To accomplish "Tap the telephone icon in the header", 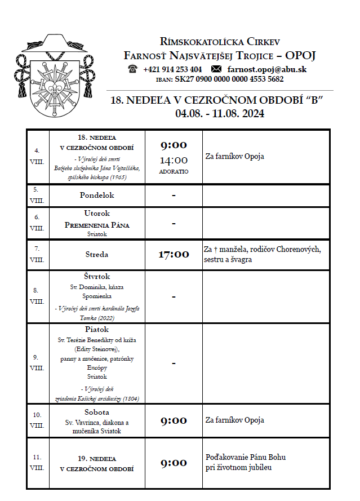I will click(133, 69).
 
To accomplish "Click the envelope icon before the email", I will click(216, 69).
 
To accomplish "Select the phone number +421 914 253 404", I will click(172, 69).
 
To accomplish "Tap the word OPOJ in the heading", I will click(300, 55).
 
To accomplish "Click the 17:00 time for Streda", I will click(173, 254).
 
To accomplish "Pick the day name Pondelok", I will click(97, 195).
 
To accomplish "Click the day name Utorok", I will click(97, 214).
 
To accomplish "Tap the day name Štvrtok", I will click(97, 277).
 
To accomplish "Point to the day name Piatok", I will click(97, 330).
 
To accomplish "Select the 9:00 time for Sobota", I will click(173, 420).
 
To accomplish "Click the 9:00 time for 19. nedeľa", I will click(173, 463).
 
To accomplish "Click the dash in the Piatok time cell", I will click(174, 363).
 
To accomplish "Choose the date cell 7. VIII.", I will click(37, 255).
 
